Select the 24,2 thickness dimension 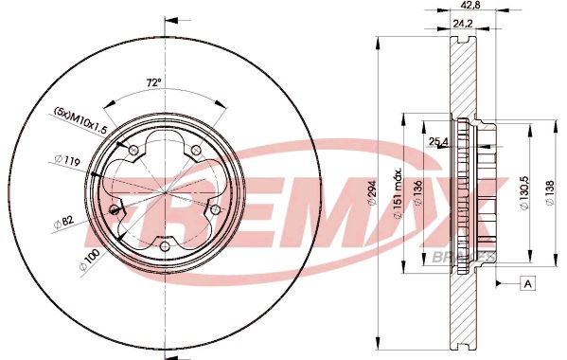pos(463,24)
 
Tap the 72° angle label pos(153,82)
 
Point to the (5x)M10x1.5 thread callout pos(81,119)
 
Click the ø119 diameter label pos(67,160)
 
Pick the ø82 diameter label pos(64,222)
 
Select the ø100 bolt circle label pos(89,261)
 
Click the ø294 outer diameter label pos(372,193)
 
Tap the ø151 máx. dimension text pos(398,193)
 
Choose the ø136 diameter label pos(417,193)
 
